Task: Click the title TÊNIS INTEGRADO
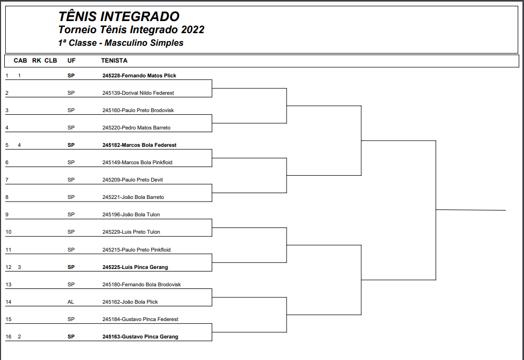pyautogui.click(x=118, y=17)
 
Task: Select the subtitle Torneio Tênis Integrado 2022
pyautogui.click(x=131, y=30)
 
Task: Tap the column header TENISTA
pyautogui.click(x=114, y=61)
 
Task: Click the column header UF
pyautogui.click(x=71, y=61)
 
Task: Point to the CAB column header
pyautogui.click(x=20, y=61)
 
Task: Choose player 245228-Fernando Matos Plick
pyautogui.click(x=139, y=76)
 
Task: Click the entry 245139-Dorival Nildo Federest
pyautogui.click(x=138, y=93)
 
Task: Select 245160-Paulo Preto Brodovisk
pyautogui.click(x=138, y=111)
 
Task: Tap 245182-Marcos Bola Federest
pyautogui.click(x=139, y=145)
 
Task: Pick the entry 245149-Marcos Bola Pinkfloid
pyautogui.click(x=137, y=163)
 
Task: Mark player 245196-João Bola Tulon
pyautogui.click(x=131, y=215)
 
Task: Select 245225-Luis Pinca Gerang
pyautogui.click(x=135, y=267)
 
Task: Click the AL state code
pyautogui.click(x=71, y=302)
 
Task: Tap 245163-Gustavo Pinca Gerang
pyautogui.click(x=140, y=337)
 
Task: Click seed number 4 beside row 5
pyautogui.click(x=19, y=145)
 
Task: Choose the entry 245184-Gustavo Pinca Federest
pyautogui.click(x=140, y=319)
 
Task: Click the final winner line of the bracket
pyautogui.click(x=471, y=210)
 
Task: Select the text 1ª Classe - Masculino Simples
pyautogui.click(x=121, y=43)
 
